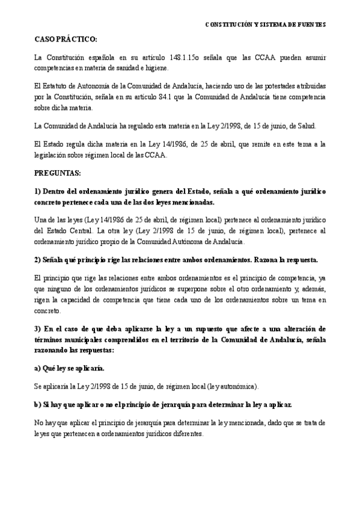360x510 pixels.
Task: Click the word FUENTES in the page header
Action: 310,25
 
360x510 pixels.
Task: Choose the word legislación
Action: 52,156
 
